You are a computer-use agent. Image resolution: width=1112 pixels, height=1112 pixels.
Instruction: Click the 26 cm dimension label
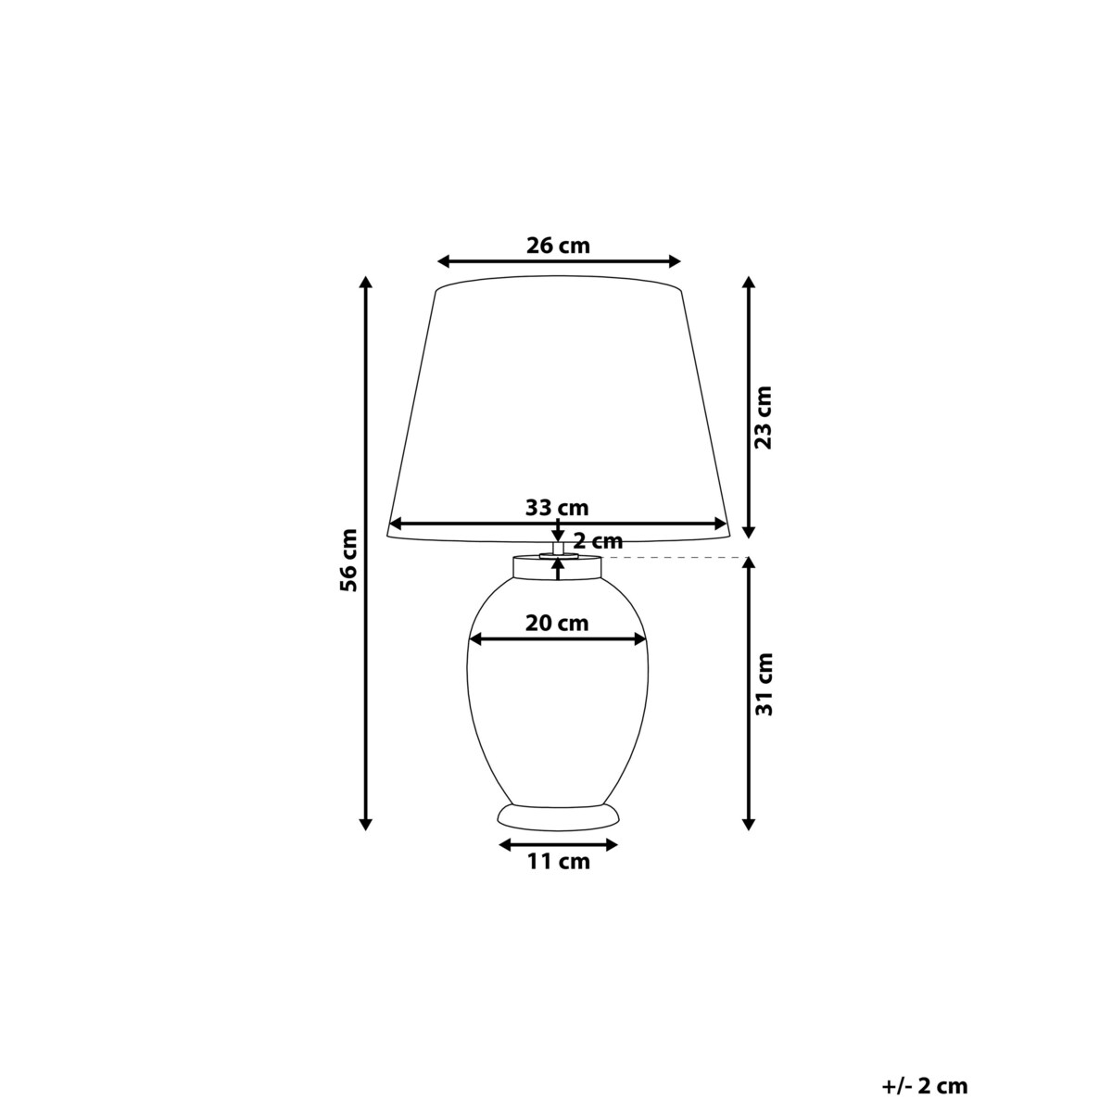pyautogui.click(x=558, y=246)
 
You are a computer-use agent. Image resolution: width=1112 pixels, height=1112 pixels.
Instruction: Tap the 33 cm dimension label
pyautogui.click(x=557, y=507)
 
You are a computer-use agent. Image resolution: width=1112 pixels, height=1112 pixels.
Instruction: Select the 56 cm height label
pyautogui.click(x=347, y=559)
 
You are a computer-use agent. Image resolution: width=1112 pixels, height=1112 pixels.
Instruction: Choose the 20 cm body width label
pyautogui.click(x=557, y=623)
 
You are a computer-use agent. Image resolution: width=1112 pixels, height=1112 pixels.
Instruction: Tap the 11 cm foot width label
pyautogui.click(x=558, y=862)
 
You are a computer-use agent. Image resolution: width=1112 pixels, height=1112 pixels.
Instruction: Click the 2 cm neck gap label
pyautogui.click(x=598, y=541)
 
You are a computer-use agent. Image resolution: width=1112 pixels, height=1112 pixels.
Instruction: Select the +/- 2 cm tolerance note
pyautogui.click(x=924, y=1086)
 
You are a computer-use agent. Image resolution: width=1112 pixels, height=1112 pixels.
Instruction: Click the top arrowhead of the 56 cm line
pyautogui.click(x=366, y=283)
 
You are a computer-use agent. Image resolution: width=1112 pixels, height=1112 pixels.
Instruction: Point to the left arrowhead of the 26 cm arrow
pyautogui.click(x=443, y=261)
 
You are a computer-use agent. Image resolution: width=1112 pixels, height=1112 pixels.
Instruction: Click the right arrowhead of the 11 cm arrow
pyautogui.click(x=611, y=844)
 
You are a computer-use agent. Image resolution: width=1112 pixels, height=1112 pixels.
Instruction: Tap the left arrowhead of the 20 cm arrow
pyautogui.click(x=475, y=638)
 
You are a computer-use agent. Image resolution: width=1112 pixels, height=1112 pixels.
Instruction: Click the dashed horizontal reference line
pyautogui.click(x=676, y=558)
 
